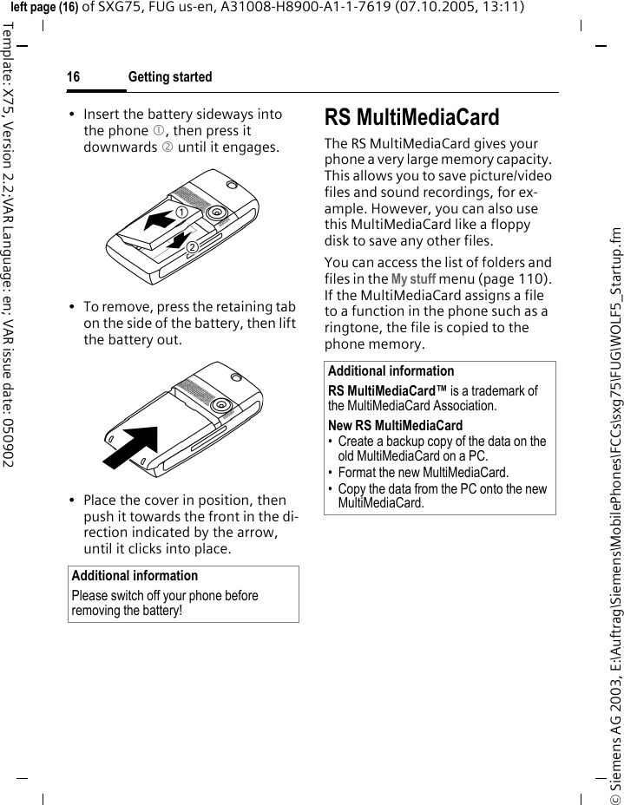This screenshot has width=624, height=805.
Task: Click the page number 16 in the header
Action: click(x=74, y=77)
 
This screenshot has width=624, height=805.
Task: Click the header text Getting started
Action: click(x=169, y=77)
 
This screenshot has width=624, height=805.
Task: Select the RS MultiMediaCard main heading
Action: click(x=411, y=117)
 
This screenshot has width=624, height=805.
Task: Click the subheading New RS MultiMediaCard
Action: click(x=395, y=426)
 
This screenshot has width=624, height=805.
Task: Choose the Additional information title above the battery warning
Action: click(x=135, y=576)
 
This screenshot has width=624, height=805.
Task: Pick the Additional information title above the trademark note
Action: click(x=391, y=371)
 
